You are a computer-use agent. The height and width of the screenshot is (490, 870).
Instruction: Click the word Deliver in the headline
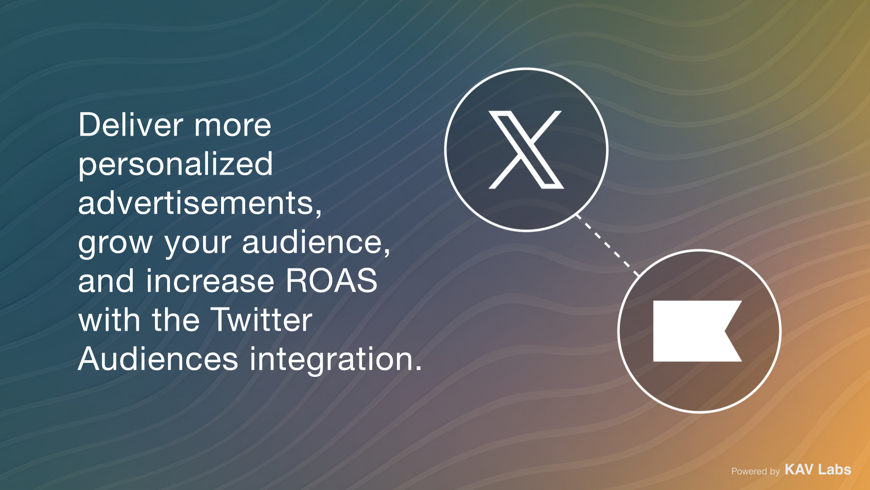[x=131, y=125]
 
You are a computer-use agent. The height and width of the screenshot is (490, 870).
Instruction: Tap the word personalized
[x=176, y=164]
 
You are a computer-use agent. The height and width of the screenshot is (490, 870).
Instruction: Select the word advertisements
[x=197, y=203]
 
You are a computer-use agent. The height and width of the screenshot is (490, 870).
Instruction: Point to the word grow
[x=116, y=243]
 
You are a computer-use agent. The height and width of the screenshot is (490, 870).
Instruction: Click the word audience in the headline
[x=313, y=242]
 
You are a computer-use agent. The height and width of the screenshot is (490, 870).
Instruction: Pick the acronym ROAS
[x=332, y=281]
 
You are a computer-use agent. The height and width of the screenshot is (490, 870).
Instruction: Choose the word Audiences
[x=158, y=359]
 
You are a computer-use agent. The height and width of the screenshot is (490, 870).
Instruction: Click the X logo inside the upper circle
[x=526, y=150]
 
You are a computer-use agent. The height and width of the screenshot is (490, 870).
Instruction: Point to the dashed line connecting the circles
[x=608, y=245]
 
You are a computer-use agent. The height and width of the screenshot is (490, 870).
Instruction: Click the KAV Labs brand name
[x=818, y=470]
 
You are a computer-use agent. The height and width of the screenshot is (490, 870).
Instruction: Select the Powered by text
[x=755, y=471]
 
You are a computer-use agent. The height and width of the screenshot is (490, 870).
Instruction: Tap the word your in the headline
[x=198, y=244]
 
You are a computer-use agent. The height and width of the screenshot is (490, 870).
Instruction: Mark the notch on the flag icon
[x=725, y=331]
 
